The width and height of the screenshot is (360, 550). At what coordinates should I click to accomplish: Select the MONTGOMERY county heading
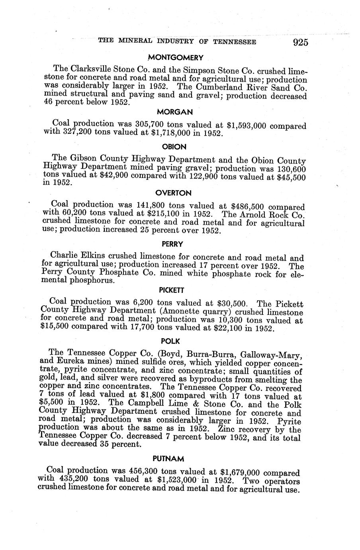[x=176, y=58]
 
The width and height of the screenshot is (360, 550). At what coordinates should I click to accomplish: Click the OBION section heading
[x=175, y=147]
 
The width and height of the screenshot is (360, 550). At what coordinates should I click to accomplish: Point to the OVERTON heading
[x=173, y=193]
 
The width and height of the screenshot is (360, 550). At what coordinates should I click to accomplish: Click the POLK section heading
[x=170, y=341]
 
